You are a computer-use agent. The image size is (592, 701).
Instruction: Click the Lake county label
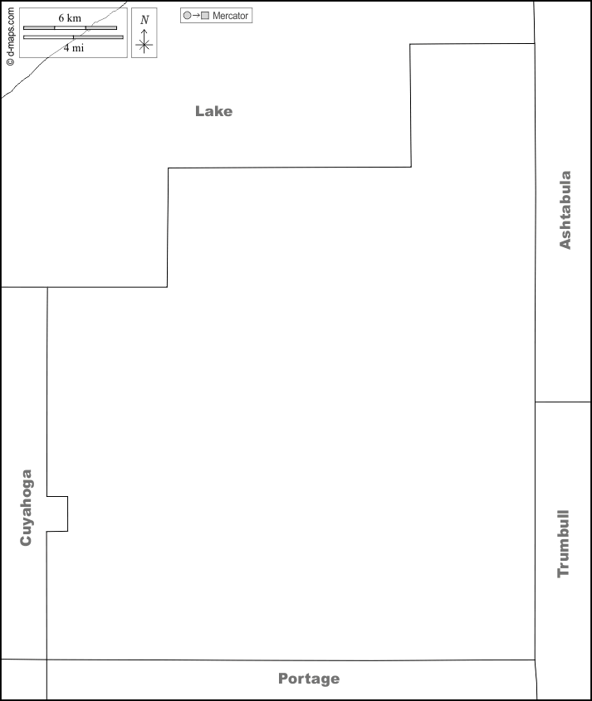point(214,111)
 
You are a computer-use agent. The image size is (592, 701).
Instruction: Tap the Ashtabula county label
point(565,210)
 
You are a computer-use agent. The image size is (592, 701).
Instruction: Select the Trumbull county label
point(564,543)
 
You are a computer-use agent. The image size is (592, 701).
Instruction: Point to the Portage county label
point(309,679)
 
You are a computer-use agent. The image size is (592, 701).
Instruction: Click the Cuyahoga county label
point(26,508)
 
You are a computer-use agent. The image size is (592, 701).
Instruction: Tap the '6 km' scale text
point(70,18)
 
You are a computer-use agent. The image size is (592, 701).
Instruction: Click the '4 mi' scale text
point(73,48)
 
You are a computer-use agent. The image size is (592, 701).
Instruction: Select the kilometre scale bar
point(71,27)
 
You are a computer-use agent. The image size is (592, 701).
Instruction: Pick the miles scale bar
point(73,37)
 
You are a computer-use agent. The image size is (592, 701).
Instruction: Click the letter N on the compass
point(144,20)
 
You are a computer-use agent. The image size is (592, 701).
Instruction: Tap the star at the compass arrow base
point(144,45)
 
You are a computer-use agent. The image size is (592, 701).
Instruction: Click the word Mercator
point(230,16)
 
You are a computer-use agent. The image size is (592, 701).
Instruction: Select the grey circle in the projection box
point(188,15)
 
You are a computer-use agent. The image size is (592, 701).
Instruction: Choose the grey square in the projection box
point(205,15)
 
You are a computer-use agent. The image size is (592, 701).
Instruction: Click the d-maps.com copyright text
point(10,37)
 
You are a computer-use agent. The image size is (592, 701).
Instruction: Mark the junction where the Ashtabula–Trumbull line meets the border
point(536,402)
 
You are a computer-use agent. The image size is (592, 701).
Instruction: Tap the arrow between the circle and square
point(196,15)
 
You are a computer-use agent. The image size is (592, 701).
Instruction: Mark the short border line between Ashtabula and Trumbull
point(563,402)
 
